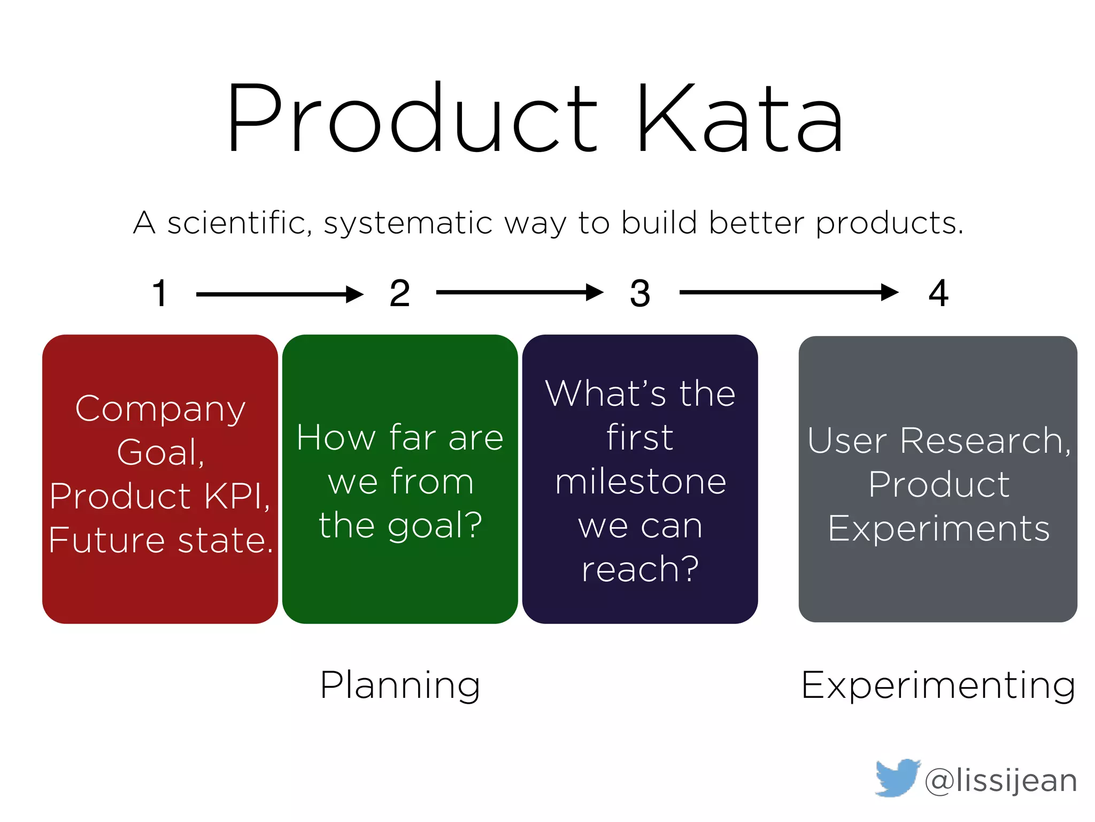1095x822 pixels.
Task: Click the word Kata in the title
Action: click(x=739, y=119)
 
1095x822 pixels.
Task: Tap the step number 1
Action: click(x=160, y=294)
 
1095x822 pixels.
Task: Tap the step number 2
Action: click(x=400, y=294)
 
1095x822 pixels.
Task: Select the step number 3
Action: click(x=640, y=294)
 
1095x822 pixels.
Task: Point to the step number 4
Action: click(x=938, y=293)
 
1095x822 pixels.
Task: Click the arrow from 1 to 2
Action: click(x=279, y=294)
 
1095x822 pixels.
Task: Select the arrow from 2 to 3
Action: click(x=519, y=292)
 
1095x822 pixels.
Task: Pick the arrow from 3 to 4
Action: click(x=788, y=292)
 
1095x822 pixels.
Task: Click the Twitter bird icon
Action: click(x=897, y=778)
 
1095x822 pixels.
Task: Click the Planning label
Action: click(x=400, y=686)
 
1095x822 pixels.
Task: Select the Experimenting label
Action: click(x=938, y=686)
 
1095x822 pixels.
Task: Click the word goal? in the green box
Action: click(x=435, y=526)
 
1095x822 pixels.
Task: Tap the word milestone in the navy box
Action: click(x=640, y=482)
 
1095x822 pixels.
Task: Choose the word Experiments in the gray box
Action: click(x=938, y=529)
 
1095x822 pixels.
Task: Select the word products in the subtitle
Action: click(x=889, y=224)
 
